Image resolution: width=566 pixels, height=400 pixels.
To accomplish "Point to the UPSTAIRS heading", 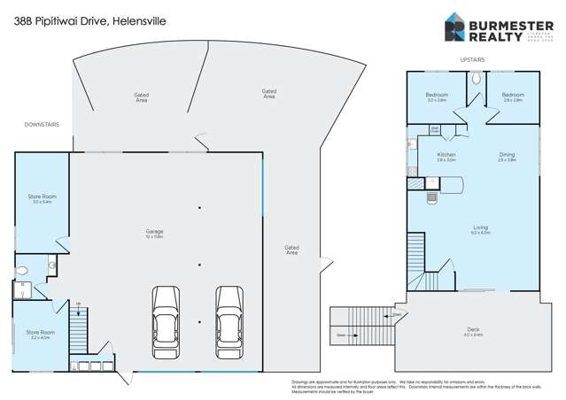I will click(x=472, y=59).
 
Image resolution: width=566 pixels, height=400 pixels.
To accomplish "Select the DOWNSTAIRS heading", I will click(x=42, y=125).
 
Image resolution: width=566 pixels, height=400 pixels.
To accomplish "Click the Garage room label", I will click(x=154, y=234).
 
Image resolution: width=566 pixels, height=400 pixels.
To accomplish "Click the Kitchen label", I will click(x=446, y=158).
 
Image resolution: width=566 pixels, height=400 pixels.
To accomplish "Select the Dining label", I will click(x=506, y=158).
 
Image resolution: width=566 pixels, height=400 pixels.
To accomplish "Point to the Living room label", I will click(x=480, y=230).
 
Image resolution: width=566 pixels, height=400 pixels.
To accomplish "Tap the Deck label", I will click(x=473, y=333).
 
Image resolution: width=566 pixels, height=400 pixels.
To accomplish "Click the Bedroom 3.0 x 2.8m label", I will click(x=437, y=97).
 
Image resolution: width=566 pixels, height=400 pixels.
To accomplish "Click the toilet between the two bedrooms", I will click(x=476, y=78).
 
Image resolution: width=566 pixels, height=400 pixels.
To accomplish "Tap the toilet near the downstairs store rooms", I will click(x=24, y=271).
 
